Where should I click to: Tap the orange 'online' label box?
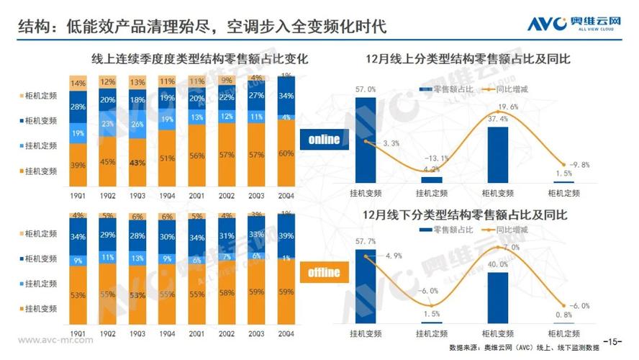(x=324, y=140)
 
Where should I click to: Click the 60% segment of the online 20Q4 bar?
(x=287, y=153)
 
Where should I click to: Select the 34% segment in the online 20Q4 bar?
(x=287, y=96)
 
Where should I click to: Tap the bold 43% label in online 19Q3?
(x=137, y=163)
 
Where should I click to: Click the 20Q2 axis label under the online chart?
(x=227, y=194)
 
